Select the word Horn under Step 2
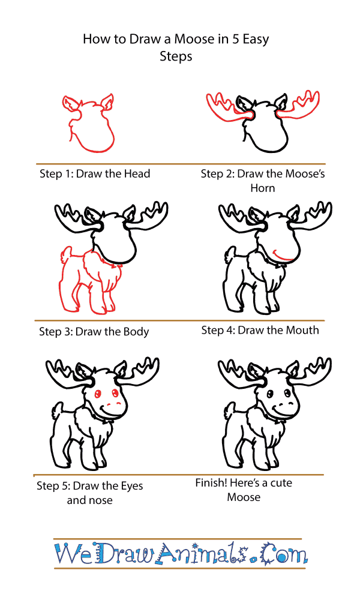[x=262, y=188]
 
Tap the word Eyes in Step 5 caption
[x=131, y=486]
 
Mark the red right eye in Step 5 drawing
[x=115, y=392]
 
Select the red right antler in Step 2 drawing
[x=298, y=105]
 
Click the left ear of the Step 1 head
[x=71, y=103]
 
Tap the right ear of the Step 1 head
[x=107, y=101]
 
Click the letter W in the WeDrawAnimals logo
[x=69, y=554]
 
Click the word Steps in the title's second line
[x=176, y=56]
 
